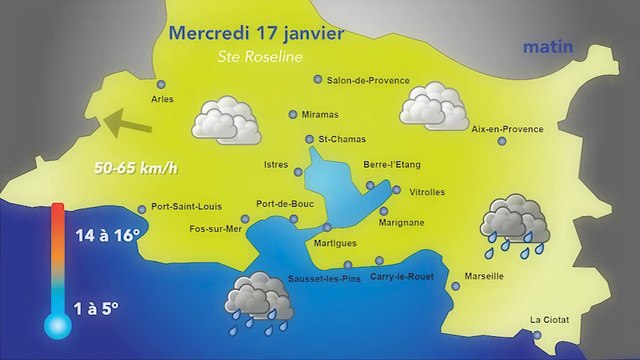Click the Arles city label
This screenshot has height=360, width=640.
tap(161, 99)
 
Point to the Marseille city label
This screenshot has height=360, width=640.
tap(484, 276)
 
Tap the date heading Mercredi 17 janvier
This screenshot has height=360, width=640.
tap(257, 32)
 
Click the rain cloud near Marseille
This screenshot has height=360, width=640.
tap(514, 223)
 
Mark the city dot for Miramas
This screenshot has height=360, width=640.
tap(293, 114)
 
